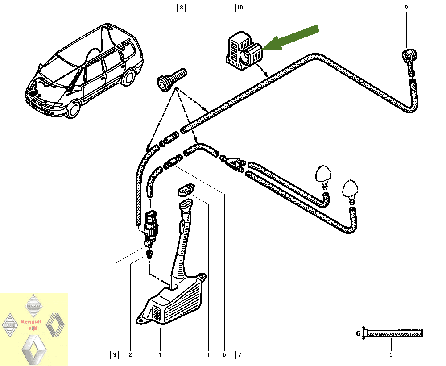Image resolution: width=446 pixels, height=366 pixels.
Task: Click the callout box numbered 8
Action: [181, 8]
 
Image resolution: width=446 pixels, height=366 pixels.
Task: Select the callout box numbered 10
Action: [240, 8]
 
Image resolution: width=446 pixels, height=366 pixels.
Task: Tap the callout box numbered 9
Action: [406, 8]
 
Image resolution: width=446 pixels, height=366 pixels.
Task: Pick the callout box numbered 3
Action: [115, 355]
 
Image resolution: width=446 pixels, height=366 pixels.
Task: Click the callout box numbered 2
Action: [130, 355]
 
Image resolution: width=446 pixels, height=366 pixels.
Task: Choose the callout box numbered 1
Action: [159, 355]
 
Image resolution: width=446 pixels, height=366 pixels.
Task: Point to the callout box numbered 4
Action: [208, 355]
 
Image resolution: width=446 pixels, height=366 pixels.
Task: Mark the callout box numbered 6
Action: [224, 355]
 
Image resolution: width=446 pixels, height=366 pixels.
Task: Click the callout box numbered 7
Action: [240, 355]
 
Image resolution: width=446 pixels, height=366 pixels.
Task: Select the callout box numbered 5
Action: [391, 355]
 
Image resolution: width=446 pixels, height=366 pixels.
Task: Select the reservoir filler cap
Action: [184, 191]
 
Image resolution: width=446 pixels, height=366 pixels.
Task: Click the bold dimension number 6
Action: [358, 333]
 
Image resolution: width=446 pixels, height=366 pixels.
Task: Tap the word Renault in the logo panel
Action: [31, 322]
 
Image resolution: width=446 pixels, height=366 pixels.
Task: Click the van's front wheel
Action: [73, 108]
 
